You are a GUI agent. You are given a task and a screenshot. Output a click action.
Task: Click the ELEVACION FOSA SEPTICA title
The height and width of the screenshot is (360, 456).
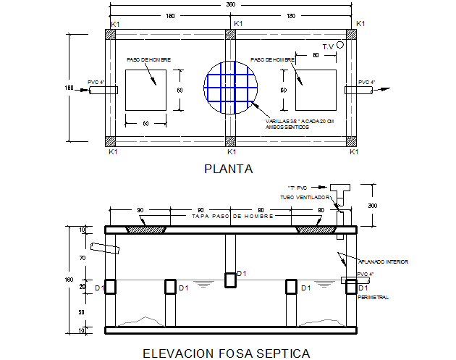coord(227,353)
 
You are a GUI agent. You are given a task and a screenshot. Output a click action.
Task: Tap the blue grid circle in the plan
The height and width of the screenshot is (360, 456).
coord(232,90)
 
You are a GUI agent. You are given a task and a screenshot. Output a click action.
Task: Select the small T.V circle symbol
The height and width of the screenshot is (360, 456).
coord(349,45)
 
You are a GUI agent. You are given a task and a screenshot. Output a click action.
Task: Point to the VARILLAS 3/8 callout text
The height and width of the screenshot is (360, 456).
coord(290,124)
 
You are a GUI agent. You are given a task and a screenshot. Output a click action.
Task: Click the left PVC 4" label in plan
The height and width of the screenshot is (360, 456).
coord(96,83)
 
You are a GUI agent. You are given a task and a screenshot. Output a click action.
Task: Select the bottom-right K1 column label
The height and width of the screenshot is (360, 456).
coord(354,152)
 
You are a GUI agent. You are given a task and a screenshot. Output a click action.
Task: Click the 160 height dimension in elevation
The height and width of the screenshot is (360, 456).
coord(69,280)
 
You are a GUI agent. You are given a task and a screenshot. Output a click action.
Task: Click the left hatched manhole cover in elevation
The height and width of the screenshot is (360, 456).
coord(147,229)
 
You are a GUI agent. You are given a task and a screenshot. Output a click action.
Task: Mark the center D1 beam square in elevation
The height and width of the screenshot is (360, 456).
coord(230,280)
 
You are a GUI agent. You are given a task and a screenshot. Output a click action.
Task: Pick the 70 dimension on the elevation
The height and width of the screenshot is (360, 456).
coord(83,256)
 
